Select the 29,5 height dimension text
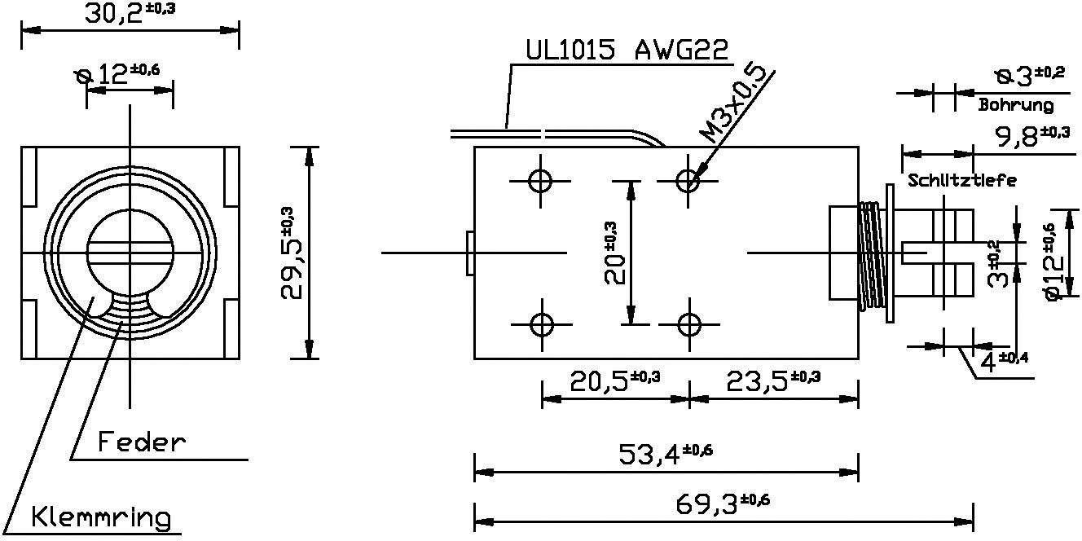(x=294, y=253)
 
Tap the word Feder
(x=142, y=442)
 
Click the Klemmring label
(x=102, y=517)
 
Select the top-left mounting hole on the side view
(x=541, y=180)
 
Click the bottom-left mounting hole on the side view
(x=541, y=324)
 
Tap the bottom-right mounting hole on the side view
(x=689, y=324)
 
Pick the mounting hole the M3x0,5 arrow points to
(x=689, y=180)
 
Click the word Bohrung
(x=1015, y=105)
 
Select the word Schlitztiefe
(x=961, y=181)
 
